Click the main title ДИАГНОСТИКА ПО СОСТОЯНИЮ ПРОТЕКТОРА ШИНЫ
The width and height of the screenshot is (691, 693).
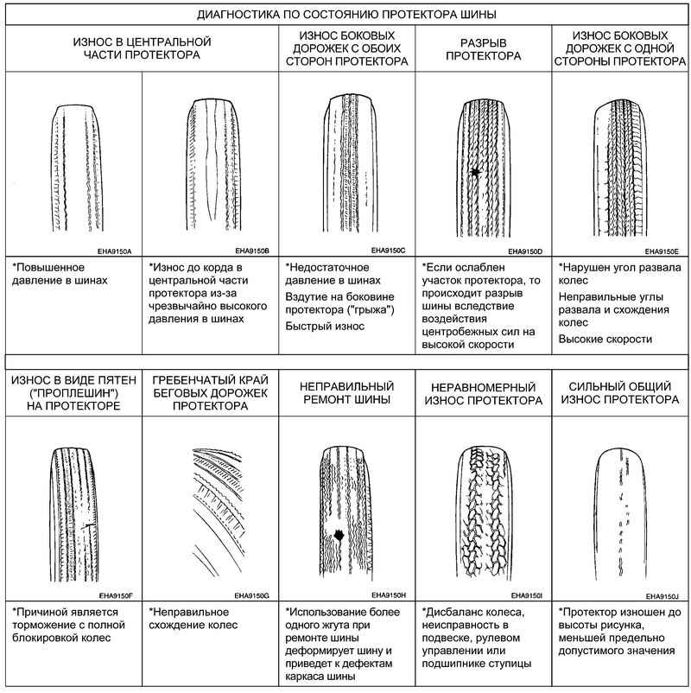pos(346,15)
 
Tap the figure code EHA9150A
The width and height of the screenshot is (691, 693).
pos(114,251)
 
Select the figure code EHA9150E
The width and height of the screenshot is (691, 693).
pos(662,251)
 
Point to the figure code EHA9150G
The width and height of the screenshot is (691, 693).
pos(251,595)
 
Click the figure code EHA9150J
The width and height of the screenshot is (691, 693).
pos(662,596)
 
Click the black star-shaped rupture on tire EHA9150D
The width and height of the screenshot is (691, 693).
pos(475,172)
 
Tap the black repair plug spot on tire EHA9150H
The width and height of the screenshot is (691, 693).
pos(339,535)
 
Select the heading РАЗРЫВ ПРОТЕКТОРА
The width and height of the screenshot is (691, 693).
pos(484,49)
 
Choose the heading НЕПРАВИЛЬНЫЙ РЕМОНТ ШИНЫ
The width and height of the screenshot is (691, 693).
pos(347,393)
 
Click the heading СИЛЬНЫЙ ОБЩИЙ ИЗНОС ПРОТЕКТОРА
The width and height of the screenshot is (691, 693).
pos(620,393)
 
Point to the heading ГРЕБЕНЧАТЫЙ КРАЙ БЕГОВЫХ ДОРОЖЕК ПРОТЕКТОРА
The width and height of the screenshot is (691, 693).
pos(210,393)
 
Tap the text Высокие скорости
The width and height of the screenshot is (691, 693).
pos(605,339)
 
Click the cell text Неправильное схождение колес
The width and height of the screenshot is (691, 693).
pos(193,619)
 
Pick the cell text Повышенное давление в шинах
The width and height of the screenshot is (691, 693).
pos(60,274)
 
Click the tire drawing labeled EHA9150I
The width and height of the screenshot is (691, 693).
pos(484,512)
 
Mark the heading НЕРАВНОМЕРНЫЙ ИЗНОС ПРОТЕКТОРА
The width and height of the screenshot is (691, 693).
pos(484,394)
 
